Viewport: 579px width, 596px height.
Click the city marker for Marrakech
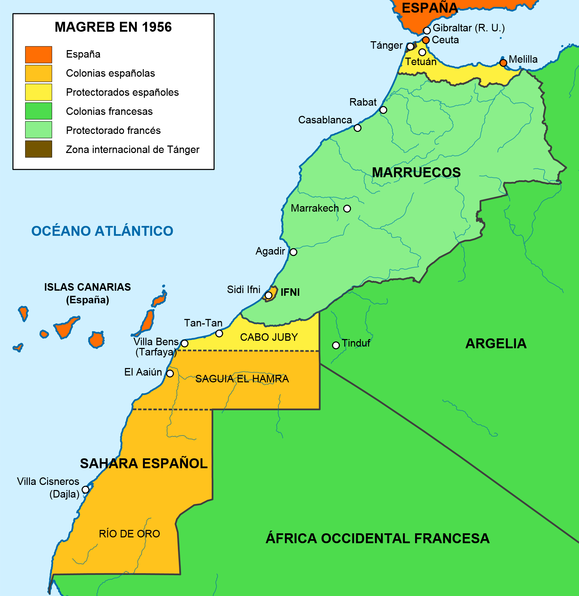[x=347, y=209]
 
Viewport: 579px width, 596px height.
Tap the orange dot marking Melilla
[x=503, y=63]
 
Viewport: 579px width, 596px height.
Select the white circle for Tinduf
[x=336, y=345]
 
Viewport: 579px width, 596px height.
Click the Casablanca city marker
[x=357, y=128]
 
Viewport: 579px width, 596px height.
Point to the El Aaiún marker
[x=170, y=373]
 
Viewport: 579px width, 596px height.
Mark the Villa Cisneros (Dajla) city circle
[x=86, y=490]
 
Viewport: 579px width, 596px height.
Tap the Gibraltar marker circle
[x=427, y=31]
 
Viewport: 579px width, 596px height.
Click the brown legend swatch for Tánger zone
[x=39, y=149]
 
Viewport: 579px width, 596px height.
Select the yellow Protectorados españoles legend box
[x=39, y=92]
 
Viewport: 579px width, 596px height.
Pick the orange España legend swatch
[x=39, y=55]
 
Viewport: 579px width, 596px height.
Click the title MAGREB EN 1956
[x=113, y=27]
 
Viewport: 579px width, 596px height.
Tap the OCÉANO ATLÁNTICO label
[x=102, y=231]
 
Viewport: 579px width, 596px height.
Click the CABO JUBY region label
[x=269, y=337]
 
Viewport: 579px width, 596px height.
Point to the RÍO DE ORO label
[x=129, y=534]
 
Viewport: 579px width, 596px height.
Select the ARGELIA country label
[x=496, y=343]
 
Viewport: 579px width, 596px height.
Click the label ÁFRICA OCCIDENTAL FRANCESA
[x=378, y=538]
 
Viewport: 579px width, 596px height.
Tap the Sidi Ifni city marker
[x=269, y=295]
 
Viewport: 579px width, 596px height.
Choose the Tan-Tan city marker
[x=219, y=333]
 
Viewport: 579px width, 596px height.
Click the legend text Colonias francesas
[x=109, y=111]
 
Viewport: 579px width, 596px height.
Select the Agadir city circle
[x=293, y=252]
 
